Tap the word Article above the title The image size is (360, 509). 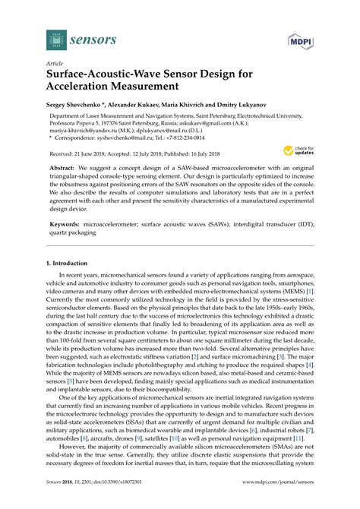pyautogui.click(x=54, y=65)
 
